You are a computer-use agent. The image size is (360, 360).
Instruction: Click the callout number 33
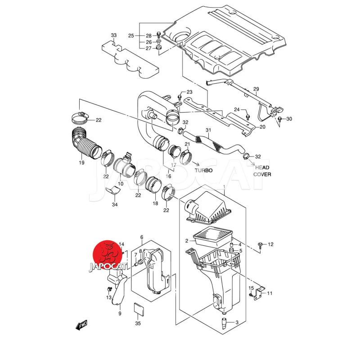tap(113, 35)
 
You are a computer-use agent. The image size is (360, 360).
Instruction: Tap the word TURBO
tap(203, 171)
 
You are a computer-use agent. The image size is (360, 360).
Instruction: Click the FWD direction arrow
tap(81, 325)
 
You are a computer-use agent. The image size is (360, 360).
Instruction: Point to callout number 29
tap(256, 89)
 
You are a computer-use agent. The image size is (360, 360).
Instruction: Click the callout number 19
tap(82, 162)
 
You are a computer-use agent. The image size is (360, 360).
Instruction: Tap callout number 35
tap(138, 323)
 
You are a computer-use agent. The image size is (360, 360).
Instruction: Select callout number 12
tap(270, 244)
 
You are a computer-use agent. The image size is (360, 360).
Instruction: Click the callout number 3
tap(237, 322)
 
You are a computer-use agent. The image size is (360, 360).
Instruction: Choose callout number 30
tap(289, 119)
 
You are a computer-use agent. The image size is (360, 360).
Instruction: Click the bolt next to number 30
tap(279, 119)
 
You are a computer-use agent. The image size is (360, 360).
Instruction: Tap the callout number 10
tap(121, 184)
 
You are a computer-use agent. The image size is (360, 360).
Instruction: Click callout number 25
tap(131, 36)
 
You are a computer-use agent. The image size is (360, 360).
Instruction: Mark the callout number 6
tap(141, 237)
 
